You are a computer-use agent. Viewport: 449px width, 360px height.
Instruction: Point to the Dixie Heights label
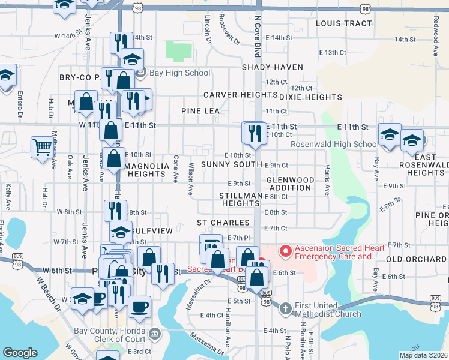[310, 97]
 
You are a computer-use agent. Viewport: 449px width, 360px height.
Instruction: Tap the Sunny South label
[231, 164]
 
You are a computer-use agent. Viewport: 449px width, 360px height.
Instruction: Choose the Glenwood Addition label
[290, 184]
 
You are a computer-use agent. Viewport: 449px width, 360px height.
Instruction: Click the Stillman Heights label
[240, 200]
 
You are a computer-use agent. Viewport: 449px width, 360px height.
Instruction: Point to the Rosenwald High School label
[334, 145]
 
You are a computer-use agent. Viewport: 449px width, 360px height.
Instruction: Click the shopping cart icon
[42, 146]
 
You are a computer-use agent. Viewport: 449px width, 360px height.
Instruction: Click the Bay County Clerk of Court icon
[155, 333]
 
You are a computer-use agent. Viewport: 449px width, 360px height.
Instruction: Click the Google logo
[20, 353]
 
